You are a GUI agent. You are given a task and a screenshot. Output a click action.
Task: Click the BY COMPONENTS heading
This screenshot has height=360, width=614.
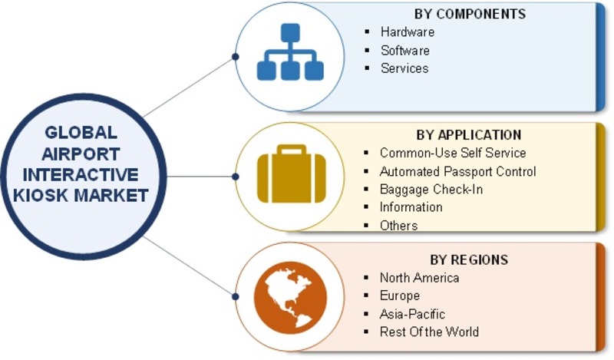(470, 14)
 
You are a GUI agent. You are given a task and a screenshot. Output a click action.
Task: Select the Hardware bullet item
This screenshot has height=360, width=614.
(408, 31)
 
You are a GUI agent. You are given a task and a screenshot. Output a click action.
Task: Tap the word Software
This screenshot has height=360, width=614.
(405, 50)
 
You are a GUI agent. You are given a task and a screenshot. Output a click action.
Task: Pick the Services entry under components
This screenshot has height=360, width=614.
(404, 68)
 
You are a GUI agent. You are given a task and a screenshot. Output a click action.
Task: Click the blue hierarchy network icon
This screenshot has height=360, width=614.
(290, 52)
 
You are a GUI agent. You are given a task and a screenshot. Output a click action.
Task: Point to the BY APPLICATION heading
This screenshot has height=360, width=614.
(469, 135)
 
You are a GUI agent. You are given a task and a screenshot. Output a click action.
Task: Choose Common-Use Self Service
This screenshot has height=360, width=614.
(453, 153)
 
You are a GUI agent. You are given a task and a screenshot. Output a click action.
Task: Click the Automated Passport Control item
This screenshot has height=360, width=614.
(457, 171)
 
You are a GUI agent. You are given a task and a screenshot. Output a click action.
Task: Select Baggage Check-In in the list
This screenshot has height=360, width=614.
(431, 189)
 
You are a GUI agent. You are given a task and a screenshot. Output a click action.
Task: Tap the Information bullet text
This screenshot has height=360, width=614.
(411, 206)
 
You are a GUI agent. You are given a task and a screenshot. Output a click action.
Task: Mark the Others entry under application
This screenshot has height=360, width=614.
(398, 225)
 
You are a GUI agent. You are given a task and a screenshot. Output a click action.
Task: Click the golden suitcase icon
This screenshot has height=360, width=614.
(292, 174)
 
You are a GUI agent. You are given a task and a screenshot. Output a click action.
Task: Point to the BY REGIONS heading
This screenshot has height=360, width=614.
(469, 259)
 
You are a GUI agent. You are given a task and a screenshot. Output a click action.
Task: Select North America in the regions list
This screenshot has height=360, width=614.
(419, 278)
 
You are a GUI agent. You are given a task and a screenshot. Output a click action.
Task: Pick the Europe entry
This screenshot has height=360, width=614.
(400, 296)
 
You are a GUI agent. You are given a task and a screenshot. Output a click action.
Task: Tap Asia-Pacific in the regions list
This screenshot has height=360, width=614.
(412, 314)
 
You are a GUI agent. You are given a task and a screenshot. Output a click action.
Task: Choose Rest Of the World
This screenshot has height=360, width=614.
(429, 332)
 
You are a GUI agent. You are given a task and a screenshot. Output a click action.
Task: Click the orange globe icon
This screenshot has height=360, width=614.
(290, 298)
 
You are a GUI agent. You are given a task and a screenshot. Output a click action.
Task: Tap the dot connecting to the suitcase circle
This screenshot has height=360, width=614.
(236, 177)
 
